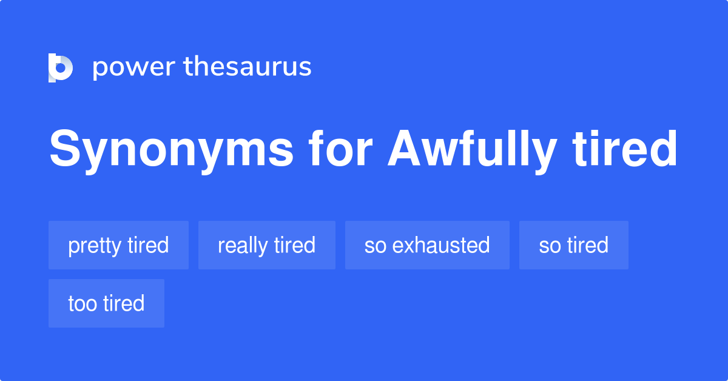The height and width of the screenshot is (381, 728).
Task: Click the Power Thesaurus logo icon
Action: coord(61,67)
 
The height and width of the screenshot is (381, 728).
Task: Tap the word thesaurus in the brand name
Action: coord(248,67)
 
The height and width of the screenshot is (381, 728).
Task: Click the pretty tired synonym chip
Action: coord(118,245)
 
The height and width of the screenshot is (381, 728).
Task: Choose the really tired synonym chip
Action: coord(266,245)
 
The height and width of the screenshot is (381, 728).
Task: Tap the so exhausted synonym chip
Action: coord(427,245)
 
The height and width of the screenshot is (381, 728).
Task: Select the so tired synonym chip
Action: coord(573,245)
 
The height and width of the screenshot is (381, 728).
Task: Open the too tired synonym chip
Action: coord(106,303)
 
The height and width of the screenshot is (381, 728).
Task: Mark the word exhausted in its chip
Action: coord(441,245)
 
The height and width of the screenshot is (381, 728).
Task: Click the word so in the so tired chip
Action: coord(550,246)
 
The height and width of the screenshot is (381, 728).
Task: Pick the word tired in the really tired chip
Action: coord(294,245)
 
